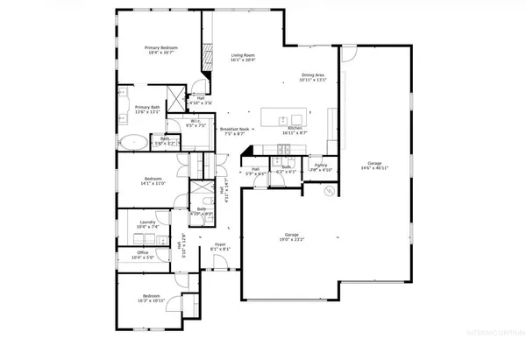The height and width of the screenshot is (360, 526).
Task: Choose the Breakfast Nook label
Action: pos(236,132)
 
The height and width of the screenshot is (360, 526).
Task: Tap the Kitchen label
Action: pos(295,130)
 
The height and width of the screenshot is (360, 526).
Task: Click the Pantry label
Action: pos(321,166)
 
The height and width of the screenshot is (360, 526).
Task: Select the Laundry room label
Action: pos(147,225)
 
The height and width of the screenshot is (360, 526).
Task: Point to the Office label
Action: pos(142,256)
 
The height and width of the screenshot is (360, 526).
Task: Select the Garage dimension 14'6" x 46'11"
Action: pos(376,166)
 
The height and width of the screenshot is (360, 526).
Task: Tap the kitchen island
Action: pos(284,115)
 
